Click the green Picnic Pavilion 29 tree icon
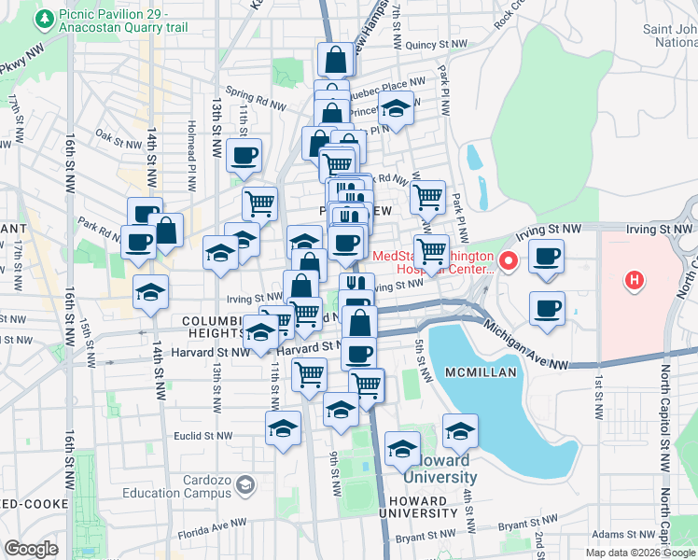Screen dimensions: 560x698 tap(43, 16)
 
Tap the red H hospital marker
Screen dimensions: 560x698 tap(634, 278)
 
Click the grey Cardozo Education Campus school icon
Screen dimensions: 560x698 tap(244, 484)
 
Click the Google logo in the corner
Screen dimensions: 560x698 tap(32, 548)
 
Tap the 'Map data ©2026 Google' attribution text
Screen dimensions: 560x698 tap(640, 552)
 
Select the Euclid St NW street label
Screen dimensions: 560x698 tap(202, 435)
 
